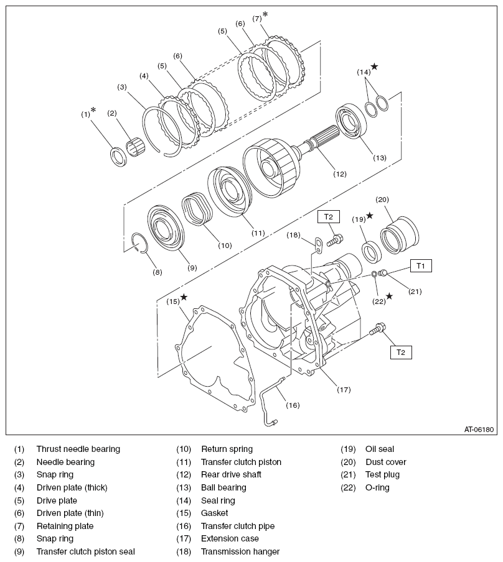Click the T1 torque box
click(x=420, y=266)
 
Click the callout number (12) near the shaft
click(x=339, y=174)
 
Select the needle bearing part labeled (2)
click(x=135, y=149)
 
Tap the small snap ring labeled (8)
click(x=141, y=243)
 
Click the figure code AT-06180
click(x=478, y=429)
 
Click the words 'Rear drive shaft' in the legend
click(x=231, y=474)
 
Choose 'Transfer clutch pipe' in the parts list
click(x=237, y=526)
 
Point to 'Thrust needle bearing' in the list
click(x=78, y=449)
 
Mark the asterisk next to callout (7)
click(x=265, y=14)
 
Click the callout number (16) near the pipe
click(x=293, y=405)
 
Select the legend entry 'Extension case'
click(x=230, y=538)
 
